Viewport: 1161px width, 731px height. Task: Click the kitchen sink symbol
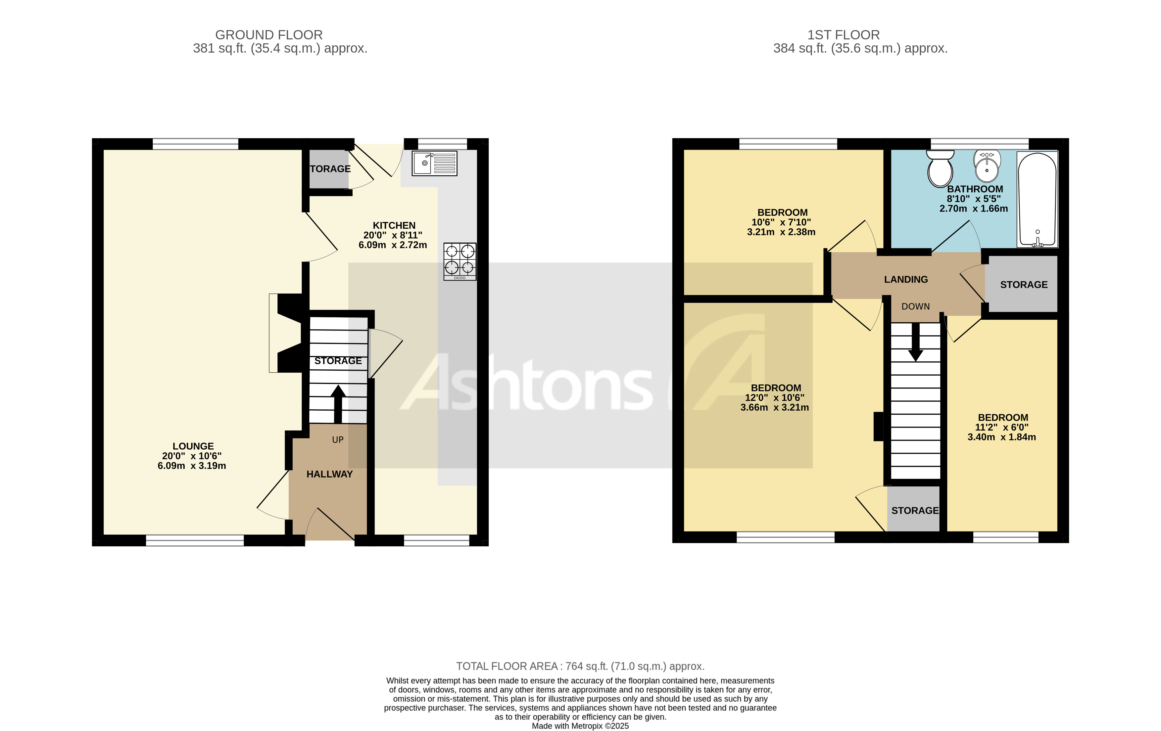click(x=434, y=164)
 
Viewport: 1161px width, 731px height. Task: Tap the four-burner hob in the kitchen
click(x=460, y=261)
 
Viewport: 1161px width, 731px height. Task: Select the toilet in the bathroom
click(x=940, y=169)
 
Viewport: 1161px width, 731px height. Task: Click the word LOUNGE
click(x=193, y=446)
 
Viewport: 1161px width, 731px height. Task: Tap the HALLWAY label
click(x=329, y=474)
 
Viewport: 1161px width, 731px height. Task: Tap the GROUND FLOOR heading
click(x=268, y=35)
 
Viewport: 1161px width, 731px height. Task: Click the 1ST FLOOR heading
click(x=843, y=35)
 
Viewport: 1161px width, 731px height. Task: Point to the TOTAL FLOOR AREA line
click(x=580, y=666)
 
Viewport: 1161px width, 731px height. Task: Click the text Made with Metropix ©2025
click(x=580, y=726)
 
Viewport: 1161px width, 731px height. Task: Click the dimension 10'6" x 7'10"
click(x=781, y=222)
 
